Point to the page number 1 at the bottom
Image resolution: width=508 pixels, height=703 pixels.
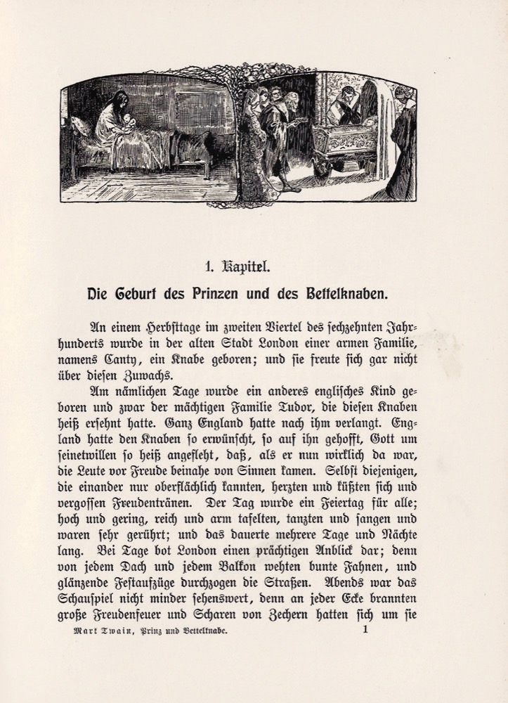(x=365, y=630)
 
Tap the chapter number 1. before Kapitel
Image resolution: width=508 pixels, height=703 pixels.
(x=208, y=266)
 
